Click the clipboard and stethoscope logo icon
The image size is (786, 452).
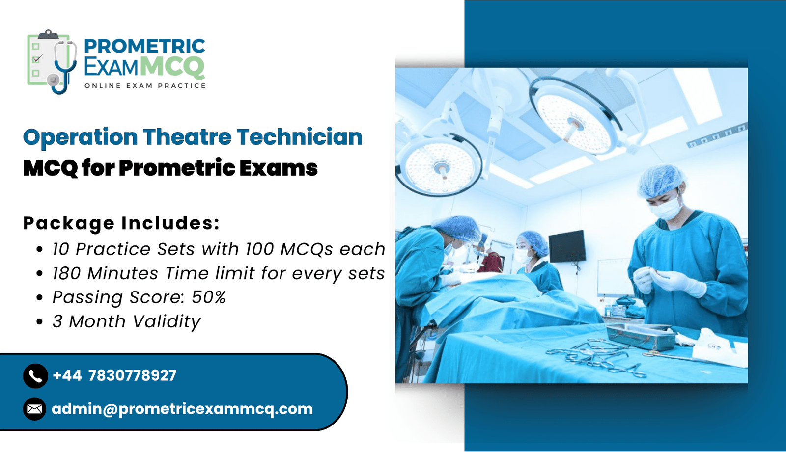click(52, 62)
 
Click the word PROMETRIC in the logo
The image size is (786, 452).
click(144, 46)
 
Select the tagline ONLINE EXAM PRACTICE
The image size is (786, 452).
click(145, 86)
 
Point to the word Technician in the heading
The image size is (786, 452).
click(299, 136)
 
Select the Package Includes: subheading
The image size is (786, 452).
click(121, 223)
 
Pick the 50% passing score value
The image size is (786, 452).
click(208, 297)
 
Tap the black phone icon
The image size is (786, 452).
click(35, 376)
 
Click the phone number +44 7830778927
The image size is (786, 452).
click(114, 375)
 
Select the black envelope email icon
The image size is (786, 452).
click(34, 409)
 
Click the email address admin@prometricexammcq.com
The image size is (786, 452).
click(182, 409)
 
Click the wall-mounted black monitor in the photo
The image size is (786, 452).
click(567, 246)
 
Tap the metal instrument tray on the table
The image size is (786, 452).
click(642, 336)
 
